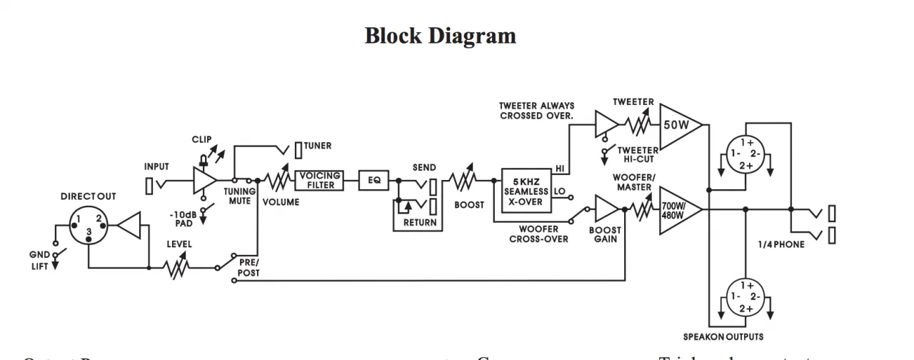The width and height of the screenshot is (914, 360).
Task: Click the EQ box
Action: pyautogui.click(x=374, y=181)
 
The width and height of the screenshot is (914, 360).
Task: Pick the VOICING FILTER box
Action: pyautogui.click(x=319, y=181)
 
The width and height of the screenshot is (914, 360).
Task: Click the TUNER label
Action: pyautogui.click(x=318, y=146)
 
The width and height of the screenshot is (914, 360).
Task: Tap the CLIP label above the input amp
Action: pyautogui.click(x=202, y=140)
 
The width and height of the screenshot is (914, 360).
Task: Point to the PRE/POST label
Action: pyautogui.click(x=248, y=267)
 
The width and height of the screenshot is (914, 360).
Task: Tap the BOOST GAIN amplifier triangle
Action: pyautogui.click(x=608, y=209)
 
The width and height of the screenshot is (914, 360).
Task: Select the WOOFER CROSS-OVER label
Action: pyautogui.click(x=538, y=234)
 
